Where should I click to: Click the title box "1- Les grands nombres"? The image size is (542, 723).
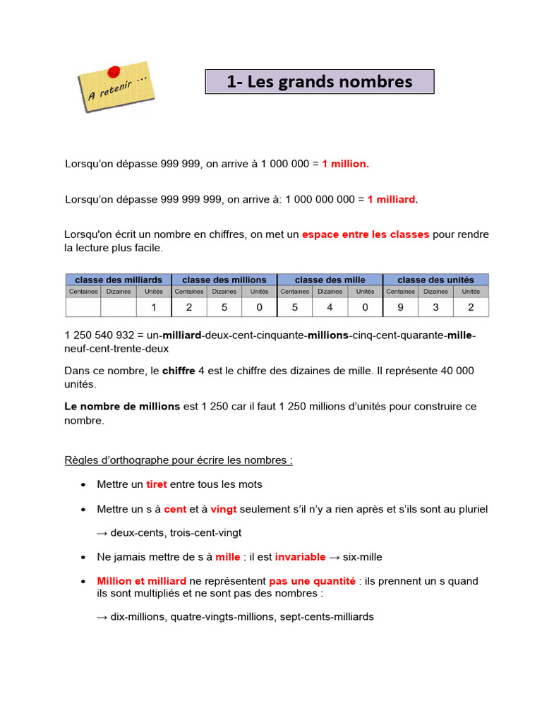(320, 82)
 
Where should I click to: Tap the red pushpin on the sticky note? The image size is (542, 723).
(114, 69)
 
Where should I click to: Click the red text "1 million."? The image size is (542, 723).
(345, 164)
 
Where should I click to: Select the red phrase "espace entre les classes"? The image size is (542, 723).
(366, 234)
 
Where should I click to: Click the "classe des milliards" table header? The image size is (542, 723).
(119, 280)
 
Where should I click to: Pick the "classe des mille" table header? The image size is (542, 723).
(330, 280)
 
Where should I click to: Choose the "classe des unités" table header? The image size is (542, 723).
(435, 280)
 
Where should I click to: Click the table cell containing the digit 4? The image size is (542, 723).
(330, 307)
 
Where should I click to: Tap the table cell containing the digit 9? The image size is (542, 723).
(400, 307)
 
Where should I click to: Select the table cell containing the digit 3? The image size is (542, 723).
(435, 307)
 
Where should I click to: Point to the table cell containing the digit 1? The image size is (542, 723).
(153, 307)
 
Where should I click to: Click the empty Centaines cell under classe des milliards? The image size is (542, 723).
(83, 307)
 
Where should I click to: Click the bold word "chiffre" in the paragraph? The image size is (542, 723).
(179, 371)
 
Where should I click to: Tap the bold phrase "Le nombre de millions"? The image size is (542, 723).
(122, 406)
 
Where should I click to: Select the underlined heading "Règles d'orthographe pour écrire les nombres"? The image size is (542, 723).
(178, 460)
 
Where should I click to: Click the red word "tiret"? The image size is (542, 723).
(157, 484)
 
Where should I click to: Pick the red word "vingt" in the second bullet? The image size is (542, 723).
(224, 509)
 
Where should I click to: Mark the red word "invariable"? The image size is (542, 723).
(300, 557)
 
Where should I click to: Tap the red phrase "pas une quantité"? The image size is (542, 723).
(312, 581)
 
